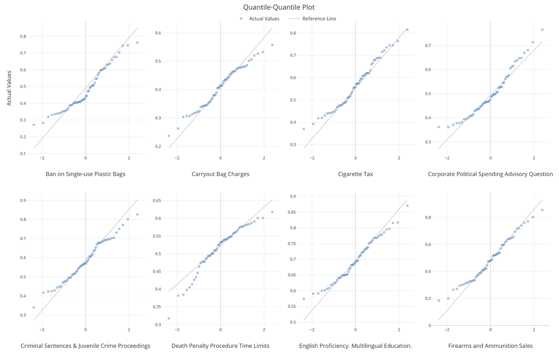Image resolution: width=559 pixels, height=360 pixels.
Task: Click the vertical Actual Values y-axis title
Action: [9, 88]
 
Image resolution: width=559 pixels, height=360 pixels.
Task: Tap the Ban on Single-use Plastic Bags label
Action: [85, 174]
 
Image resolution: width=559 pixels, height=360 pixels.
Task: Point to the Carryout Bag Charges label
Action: [220, 174]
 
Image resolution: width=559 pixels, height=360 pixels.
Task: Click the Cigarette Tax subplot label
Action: [355, 174]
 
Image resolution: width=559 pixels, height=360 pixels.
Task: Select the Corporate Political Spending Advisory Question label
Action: [491, 174]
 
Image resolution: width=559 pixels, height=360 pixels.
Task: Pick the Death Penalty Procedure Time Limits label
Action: [220, 346]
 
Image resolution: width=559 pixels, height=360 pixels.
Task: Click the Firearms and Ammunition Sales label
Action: [491, 346]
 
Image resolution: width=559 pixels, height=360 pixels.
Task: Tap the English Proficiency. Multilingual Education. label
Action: [355, 346]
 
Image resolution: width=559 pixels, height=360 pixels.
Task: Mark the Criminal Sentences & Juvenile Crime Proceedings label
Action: [85, 346]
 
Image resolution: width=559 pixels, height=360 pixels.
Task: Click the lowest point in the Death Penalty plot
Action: [169, 319]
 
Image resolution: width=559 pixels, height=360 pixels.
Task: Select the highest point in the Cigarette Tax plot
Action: [407, 30]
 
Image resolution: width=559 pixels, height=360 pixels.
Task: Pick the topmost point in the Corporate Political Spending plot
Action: [542, 29]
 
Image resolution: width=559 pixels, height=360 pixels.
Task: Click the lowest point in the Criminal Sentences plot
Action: [34, 307]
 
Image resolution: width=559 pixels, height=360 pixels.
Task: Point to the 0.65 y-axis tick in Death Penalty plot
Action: [157, 201]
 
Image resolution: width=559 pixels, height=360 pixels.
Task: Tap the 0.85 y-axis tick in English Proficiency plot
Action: [293, 212]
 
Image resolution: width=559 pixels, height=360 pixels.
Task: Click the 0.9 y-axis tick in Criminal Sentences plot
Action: [23, 201]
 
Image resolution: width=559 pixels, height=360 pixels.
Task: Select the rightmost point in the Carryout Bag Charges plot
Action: [272, 45]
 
